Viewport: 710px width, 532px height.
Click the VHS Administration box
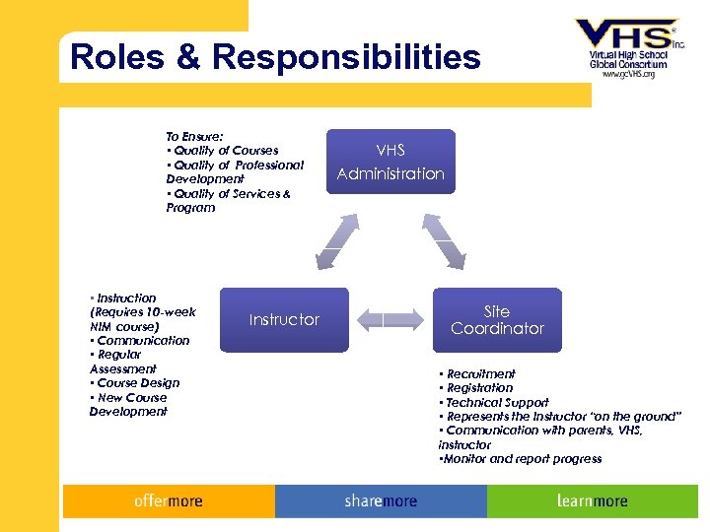point(390,162)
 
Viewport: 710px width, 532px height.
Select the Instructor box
point(284,319)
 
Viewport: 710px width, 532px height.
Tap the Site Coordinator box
point(497,319)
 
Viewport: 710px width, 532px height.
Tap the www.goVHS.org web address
point(628,74)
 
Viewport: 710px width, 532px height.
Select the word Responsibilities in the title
point(345,57)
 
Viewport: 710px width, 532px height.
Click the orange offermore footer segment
point(169,501)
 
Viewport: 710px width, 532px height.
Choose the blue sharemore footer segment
point(381,501)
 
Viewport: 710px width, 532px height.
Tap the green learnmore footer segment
point(592,501)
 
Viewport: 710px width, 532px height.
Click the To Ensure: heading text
point(194,136)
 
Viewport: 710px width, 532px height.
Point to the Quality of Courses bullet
point(224,151)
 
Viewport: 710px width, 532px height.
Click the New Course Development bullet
point(129,404)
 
